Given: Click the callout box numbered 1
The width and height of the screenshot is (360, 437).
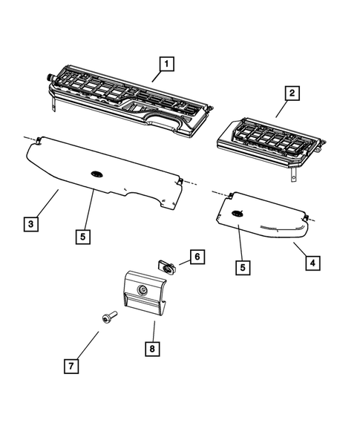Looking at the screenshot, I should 166,65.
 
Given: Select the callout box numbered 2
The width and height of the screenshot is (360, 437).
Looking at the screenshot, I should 291,93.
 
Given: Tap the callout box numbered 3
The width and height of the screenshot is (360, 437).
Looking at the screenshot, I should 29,223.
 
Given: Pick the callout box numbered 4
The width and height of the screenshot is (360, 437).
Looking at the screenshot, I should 313,262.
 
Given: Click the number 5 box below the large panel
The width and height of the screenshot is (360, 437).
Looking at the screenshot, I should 84,237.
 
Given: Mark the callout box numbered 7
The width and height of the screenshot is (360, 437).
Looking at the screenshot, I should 71,366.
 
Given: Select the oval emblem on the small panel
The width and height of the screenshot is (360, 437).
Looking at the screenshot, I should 238,214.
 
